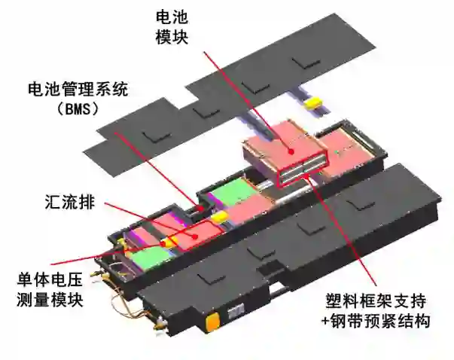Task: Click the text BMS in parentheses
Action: coord(78,109)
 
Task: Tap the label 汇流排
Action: coord(70,201)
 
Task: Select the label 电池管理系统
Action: coord(78,89)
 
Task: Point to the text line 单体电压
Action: coord(50,279)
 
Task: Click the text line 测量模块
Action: coord(50,300)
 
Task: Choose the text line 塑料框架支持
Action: coord(376,301)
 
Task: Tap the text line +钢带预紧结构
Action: coord(376,321)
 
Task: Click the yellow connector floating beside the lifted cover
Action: coord(312,102)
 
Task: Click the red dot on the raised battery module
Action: coord(291,151)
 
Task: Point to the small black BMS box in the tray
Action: coord(200,209)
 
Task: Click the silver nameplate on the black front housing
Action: coord(236,313)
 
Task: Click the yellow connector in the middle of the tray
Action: coord(219,215)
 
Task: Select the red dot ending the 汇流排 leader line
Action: coord(196,236)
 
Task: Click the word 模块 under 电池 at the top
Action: coord(172,37)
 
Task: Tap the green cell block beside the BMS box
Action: coord(234,192)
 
